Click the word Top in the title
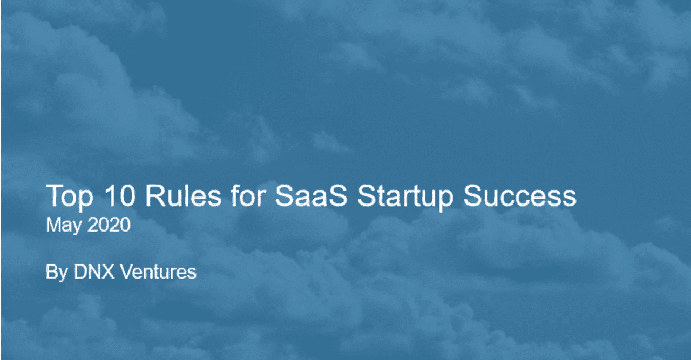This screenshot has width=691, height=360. pyautogui.click(x=70, y=197)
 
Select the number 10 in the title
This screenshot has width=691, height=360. pyautogui.click(x=119, y=195)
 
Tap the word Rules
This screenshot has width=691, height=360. pyautogui.click(x=183, y=195)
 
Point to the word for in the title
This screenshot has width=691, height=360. pyautogui.click(x=248, y=195)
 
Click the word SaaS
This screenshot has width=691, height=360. pyautogui.click(x=311, y=195)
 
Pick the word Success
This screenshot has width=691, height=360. pyautogui.click(x=520, y=195)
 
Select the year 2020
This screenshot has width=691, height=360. pyautogui.click(x=109, y=225)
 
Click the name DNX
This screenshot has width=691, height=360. pyautogui.click(x=94, y=271)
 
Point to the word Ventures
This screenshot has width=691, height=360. pyautogui.click(x=158, y=271)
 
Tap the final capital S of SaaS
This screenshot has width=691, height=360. pyautogui.click(x=338, y=195)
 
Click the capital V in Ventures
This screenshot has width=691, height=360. pyautogui.click(x=126, y=271)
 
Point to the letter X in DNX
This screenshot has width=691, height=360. pyautogui.click(x=107, y=271)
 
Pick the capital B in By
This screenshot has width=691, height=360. pyautogui.click(x=51, y=271)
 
